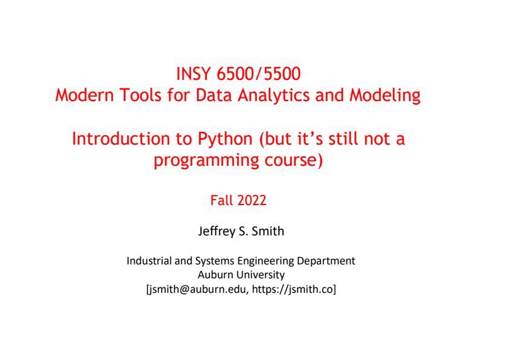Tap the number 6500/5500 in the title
(x=258, y=74)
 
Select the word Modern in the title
(x=85, y=95)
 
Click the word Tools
(x=140, y=95)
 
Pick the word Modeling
(x=385, y=96)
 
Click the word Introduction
(x=121, y=139)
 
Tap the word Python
(x=225, y=140)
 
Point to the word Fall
(x=220, y=200)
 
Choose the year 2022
(x=251, y=200)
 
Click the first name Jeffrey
(x=216, y=231)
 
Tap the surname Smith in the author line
(x=268, y=231)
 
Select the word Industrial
(x=149, y=261)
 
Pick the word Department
(x=326, y=261)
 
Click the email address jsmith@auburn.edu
(x=199, y=289)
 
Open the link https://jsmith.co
(x=293, y=289)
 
